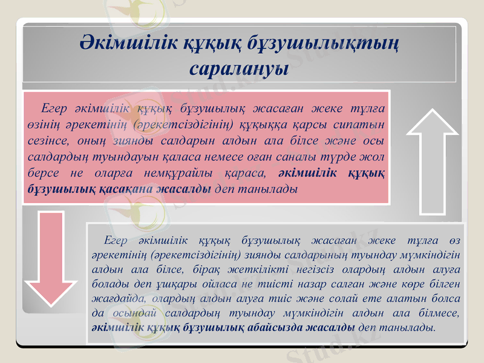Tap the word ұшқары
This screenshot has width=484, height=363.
(180, 283)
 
